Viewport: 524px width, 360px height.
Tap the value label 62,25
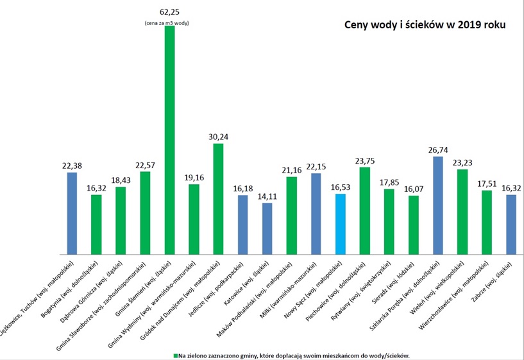pyautogui.click(x=170, y=11)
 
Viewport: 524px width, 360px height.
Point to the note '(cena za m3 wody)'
pyautogui.click(x=170, y=23)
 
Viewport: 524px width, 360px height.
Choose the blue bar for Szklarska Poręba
pyautogui.click(x=439, y=205)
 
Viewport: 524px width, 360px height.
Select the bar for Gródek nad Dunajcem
pyautogui.click(x=218, y=198)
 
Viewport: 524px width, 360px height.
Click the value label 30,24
pyautogui.click(x=218, y=136)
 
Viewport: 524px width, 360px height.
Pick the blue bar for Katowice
pyautogui.click(x=267, y=228)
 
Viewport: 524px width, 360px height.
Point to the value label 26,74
pyautogui.click(x=439, y=149)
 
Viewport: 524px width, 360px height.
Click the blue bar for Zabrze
pyautogui.click(x=512, y=224)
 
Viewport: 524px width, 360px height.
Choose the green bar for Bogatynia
pyautogui.click(x=96, y=224)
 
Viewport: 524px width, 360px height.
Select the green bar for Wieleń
pyautogui.click(x=463, y=211)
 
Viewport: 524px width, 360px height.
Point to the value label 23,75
pyautogui.click(x=365, y=160)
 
